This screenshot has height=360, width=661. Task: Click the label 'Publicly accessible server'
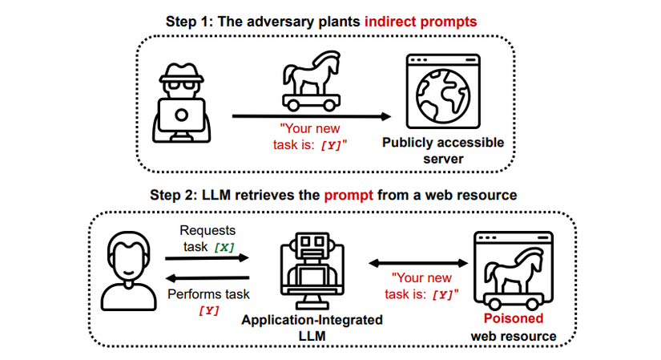443,151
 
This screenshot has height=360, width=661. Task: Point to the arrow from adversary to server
312,117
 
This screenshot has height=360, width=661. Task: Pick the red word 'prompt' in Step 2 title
344,195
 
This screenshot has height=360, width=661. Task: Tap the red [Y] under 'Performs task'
207,309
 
